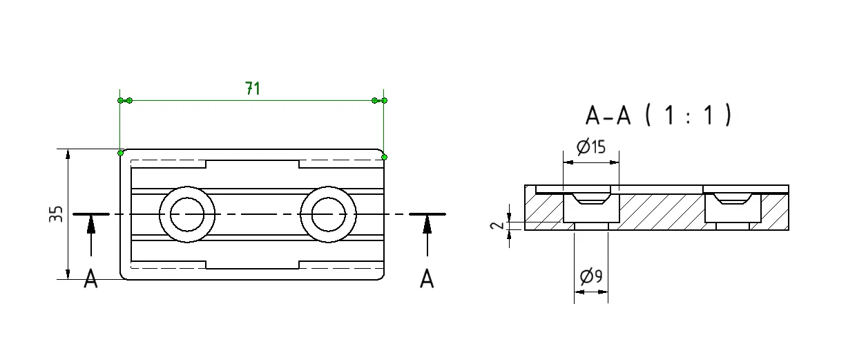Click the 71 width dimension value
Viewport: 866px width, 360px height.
tap(253, 88)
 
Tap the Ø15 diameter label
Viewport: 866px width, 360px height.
tap(590, 146)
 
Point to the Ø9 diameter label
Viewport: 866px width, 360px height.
tap(590, 277)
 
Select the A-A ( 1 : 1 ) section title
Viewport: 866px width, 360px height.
tap(658, 115)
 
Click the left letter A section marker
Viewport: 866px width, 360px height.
tap(90, 279)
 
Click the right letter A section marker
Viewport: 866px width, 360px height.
tap(427, 279)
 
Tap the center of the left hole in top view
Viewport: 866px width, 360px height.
tap(187, 214)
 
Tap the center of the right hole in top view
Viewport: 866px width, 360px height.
tap(328, 214)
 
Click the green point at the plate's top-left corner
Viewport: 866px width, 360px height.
tap(120, 152)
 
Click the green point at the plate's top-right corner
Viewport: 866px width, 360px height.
tap(384, 157)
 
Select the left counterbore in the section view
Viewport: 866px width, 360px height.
tap(591, 205)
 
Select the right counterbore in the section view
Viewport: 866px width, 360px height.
tap(733, 205)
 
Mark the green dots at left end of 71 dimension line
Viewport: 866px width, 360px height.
tap(124, 101)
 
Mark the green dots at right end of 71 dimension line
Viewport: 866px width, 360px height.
tap(379, 101)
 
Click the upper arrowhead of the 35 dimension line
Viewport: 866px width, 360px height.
tap(68, 154)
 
